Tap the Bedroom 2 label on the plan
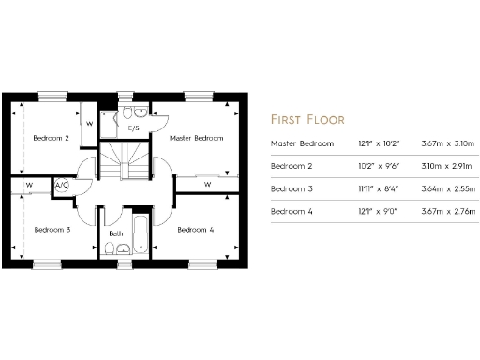51,138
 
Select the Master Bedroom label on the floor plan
196,138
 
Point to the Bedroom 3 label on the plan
51,229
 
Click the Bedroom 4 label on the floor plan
195,229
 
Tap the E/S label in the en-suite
134,128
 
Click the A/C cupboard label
63,186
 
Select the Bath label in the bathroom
116,233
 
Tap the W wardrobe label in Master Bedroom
207,185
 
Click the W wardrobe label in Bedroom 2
89,123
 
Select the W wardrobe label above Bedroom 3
29,185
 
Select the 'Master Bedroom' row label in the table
302,143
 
